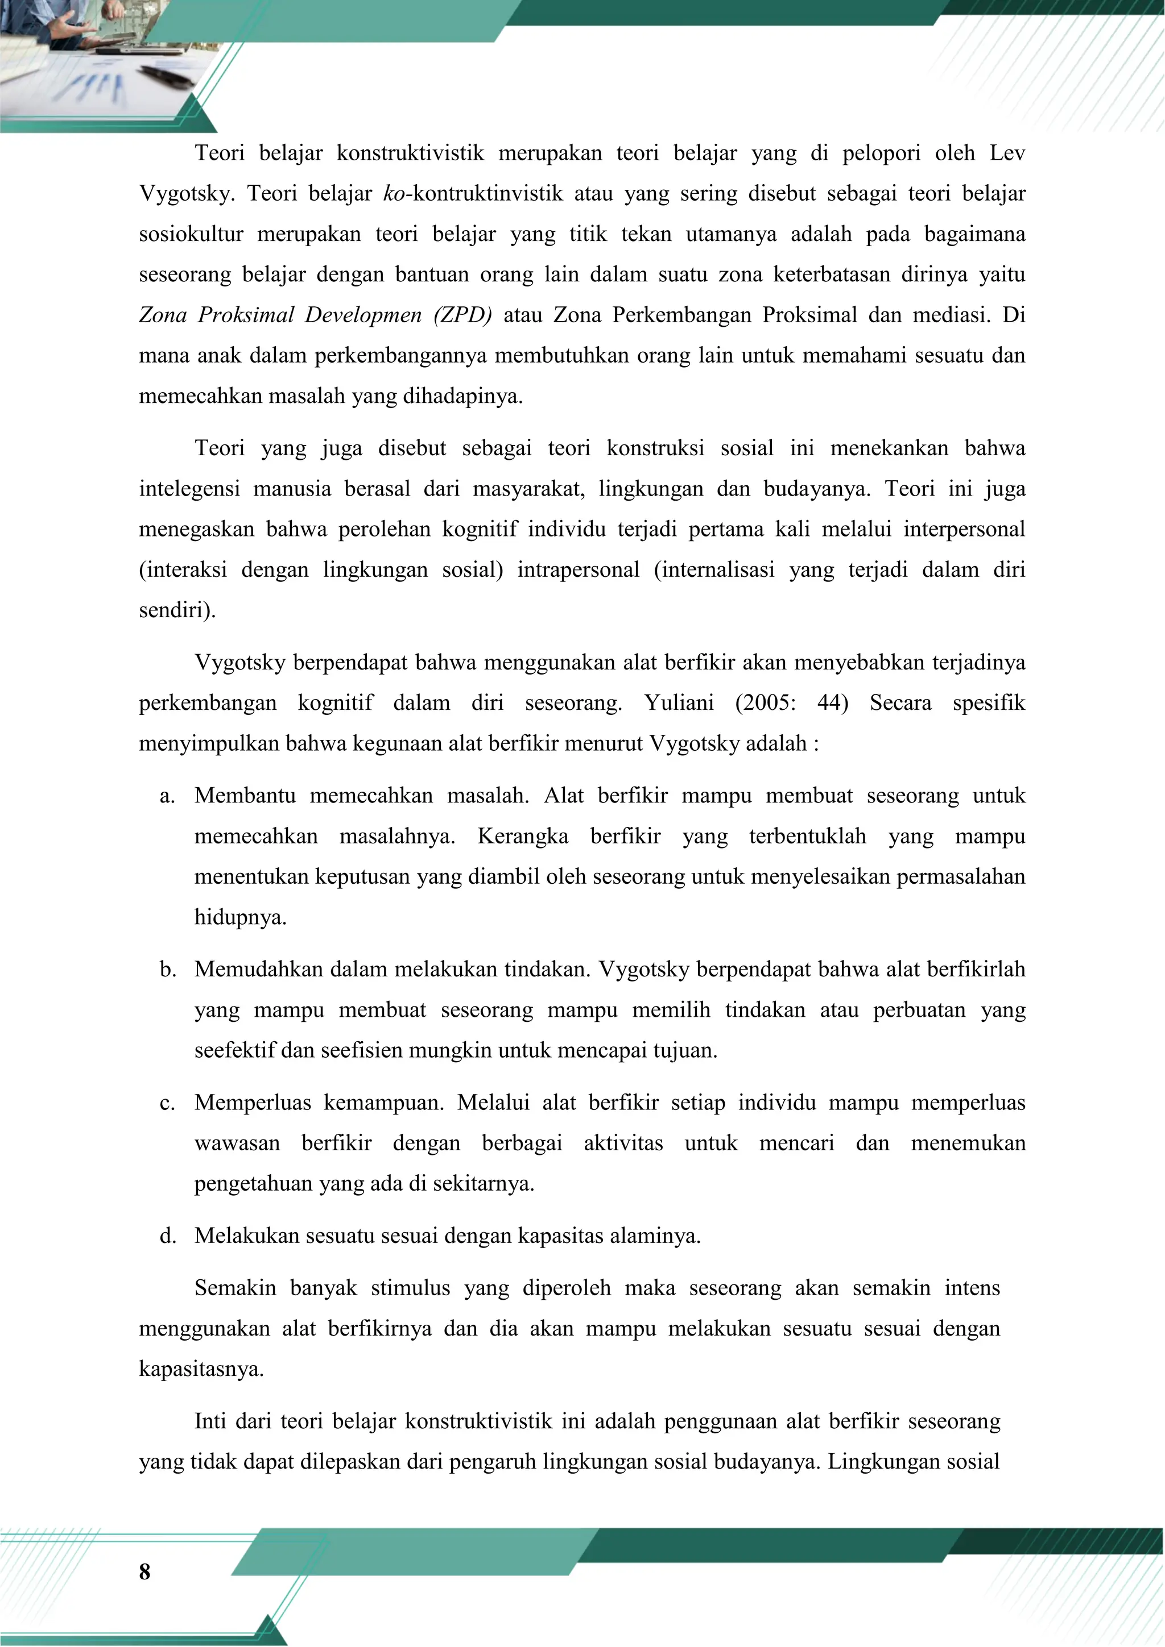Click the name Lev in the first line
coord(1006,153)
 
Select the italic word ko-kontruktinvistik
coord(473,194)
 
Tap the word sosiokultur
coord(191,235)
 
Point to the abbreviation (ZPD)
coord(462,315)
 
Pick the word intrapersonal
coord(578,570)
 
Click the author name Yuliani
coord(678,703)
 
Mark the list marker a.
coord(167,796)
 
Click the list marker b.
coord(168,970)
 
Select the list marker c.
coord(167,1103)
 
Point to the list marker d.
coord(168,1236)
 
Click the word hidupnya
coord(239,917)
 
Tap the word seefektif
coord(235,1051)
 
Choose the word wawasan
coord(237,1143)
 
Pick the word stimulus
coord(410,1288)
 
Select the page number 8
coord(144,1571)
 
